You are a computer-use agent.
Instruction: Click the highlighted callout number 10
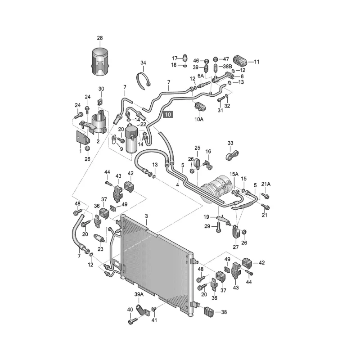168,115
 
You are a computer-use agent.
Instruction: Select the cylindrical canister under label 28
100,61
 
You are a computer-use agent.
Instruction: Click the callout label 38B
227,67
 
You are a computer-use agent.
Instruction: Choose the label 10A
199,119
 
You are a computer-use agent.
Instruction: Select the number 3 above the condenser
146,216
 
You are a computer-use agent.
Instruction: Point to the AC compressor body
217,188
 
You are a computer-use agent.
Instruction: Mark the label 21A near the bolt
266,184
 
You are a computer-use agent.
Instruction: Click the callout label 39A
139,294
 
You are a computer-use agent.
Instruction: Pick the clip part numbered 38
209,311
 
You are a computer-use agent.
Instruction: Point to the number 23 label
100,248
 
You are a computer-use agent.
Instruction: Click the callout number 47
226,59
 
